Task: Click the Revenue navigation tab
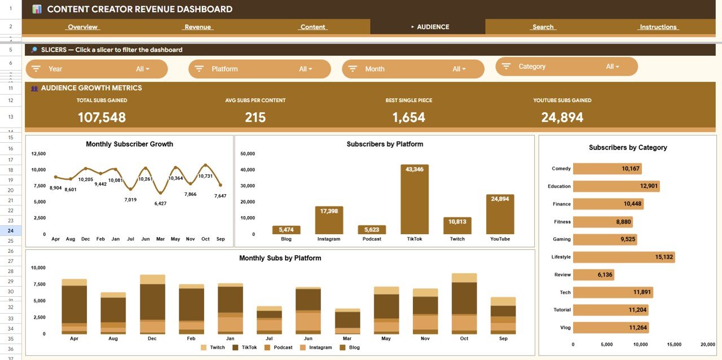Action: point(197,27)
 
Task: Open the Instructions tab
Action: point(658,27)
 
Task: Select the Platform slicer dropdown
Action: point(259,69)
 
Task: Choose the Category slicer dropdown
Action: point(566,67)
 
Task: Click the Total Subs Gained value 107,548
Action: point(102,117)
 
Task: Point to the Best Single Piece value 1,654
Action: point(408,117)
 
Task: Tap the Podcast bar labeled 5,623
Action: point(372,230)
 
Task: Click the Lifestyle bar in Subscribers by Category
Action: point(623,257)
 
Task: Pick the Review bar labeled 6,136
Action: point(593,275)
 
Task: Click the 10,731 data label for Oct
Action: point(205,176)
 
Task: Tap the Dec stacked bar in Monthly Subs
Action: point(152,305)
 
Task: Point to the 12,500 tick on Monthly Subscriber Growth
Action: point(38,153)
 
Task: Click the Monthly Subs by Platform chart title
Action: point(280,258)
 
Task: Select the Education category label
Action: point(559,186)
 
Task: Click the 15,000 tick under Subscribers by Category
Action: point(674,344)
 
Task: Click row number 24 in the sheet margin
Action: point(11,230)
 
